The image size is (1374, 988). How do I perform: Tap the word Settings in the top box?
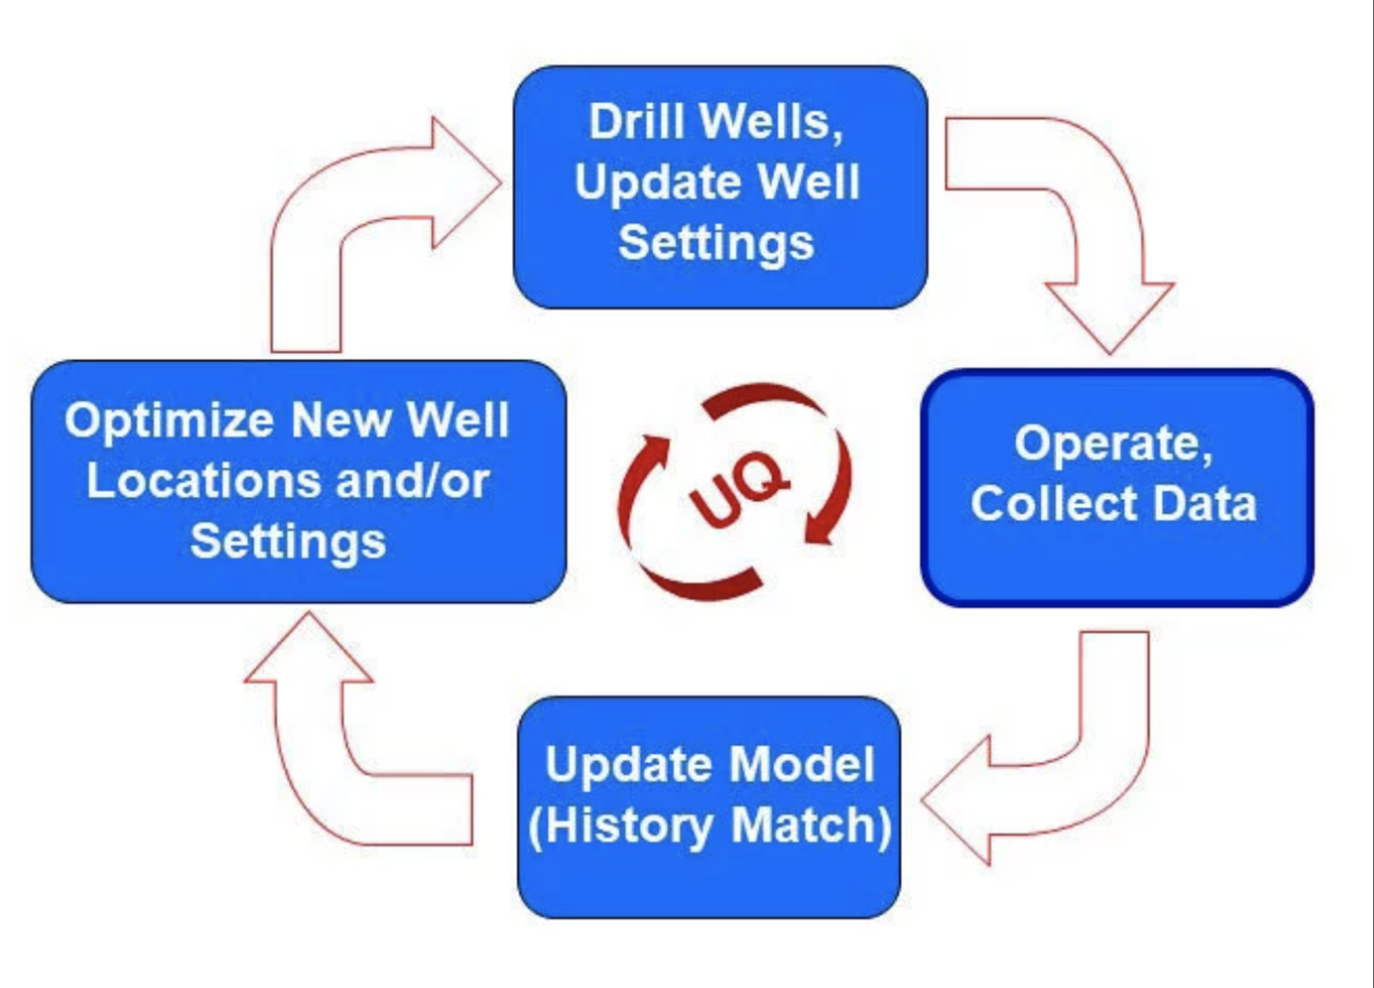click(716, 243)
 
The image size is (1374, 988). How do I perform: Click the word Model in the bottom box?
click(801, 764)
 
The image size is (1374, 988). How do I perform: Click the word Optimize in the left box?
click(169, 421)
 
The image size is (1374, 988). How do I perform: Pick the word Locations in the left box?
click(204, 481)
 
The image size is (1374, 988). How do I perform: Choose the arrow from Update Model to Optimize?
click(324, 759)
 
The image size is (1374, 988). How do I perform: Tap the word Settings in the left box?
click(288, 542)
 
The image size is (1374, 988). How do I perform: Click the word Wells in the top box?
click(771, 122)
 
